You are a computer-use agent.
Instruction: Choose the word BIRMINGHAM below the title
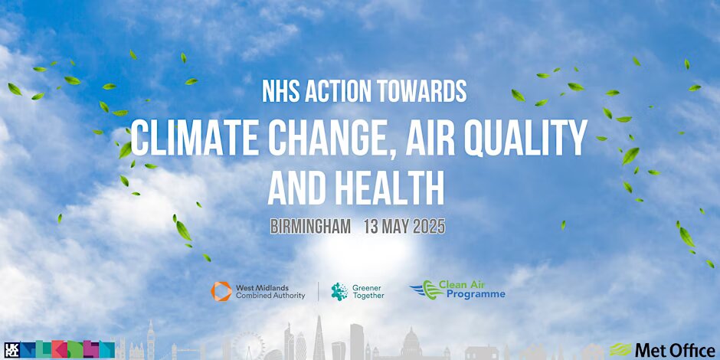pos(310,227)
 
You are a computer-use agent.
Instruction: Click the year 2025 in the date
pos(429,227)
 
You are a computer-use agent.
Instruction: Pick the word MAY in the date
pos(395,227)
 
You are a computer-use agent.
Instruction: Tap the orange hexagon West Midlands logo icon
pos(221,292)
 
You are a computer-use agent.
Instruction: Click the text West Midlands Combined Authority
pos(270,292)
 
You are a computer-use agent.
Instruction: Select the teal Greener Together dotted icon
pos(339,292)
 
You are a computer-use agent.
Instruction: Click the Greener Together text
pos(368,292)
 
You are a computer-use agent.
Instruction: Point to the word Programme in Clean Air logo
pos(476,294)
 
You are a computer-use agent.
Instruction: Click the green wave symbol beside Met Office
pos(620,350)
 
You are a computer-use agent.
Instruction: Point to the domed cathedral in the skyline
pos(411,343)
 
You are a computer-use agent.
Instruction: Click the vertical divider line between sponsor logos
pos(318,292)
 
